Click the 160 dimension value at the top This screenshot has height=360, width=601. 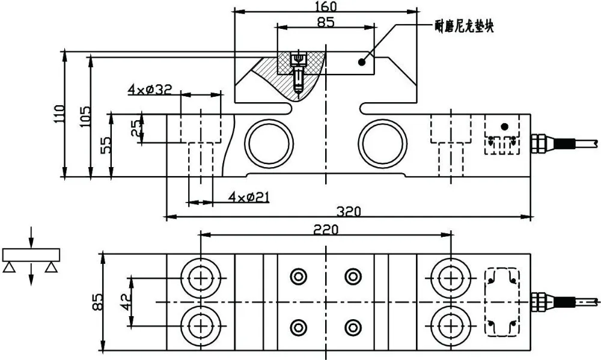point(325,6)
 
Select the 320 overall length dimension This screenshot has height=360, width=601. point(349,212)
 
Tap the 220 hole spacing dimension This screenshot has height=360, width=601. point(326,230)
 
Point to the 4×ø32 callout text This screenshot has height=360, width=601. point(150,90)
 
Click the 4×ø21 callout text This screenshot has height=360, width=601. point(249,198)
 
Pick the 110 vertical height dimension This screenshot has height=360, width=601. point(59,114)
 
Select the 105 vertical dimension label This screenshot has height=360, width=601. point(85,116)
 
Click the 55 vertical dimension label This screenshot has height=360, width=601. point(105,145)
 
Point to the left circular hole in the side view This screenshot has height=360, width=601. point(269,144)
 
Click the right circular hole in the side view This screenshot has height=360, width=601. point(382,144)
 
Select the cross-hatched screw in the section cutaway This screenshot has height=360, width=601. point(298,72)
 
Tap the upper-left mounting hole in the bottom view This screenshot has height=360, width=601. point(201,278)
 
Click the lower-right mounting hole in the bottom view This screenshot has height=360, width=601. point(451,326)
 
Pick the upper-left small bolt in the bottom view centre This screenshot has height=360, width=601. point(299,276)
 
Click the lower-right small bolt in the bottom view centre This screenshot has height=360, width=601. point(353,328)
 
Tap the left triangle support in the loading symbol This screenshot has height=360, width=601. point(9,267)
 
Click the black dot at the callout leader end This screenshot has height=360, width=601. point(361,62)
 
